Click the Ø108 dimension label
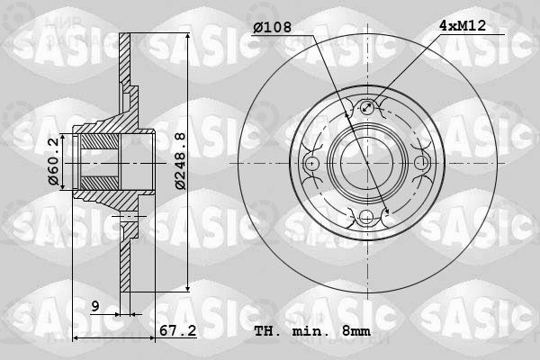point(273,27)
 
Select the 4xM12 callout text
point(463,25)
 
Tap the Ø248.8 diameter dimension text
point(180,161)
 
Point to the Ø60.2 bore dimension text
point(54,162)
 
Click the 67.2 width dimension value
point(177,330)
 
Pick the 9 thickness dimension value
point(95,306)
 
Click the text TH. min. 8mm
point(312,331)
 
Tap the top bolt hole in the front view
point(367,107)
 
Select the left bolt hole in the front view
point(311,163)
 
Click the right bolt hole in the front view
point(421,163)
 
